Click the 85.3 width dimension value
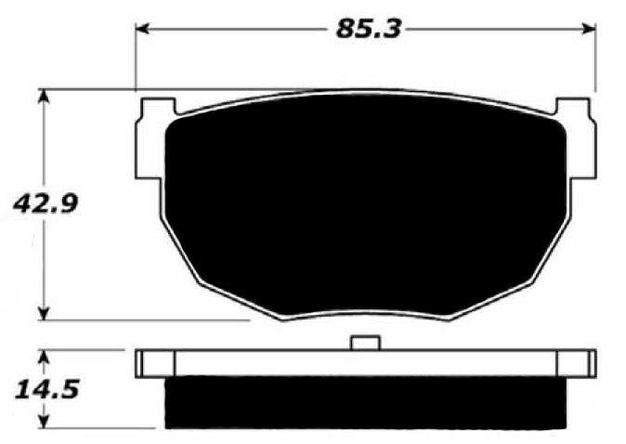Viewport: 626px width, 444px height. (x=367, y=29)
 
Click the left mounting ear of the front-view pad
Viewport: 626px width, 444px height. (x=149, y=139)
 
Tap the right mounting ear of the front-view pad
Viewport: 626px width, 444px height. (x=582, y=139)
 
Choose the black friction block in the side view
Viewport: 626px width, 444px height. (x=365, y=403)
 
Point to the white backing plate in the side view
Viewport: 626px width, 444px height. (x=365, y=363)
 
